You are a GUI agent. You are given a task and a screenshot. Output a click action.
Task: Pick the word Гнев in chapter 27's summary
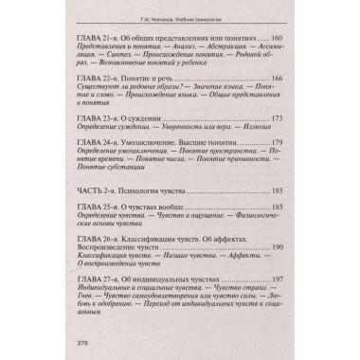(87, 304)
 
